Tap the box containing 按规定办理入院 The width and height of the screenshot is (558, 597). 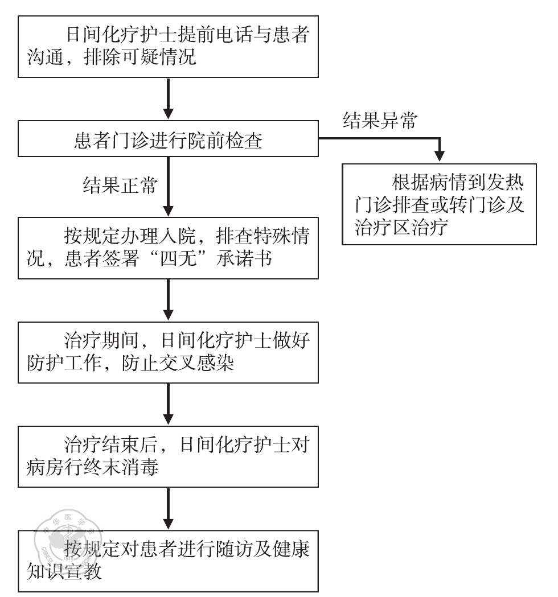click(168, 248)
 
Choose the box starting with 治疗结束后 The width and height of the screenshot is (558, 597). click(168, 455)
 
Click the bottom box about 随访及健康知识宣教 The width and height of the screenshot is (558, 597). click(168, 561)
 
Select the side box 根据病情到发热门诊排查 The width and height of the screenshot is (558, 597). click(439, 204)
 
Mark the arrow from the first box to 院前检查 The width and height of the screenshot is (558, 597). click(168, 100)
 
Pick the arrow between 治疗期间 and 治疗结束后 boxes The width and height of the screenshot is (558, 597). click(168, 404)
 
